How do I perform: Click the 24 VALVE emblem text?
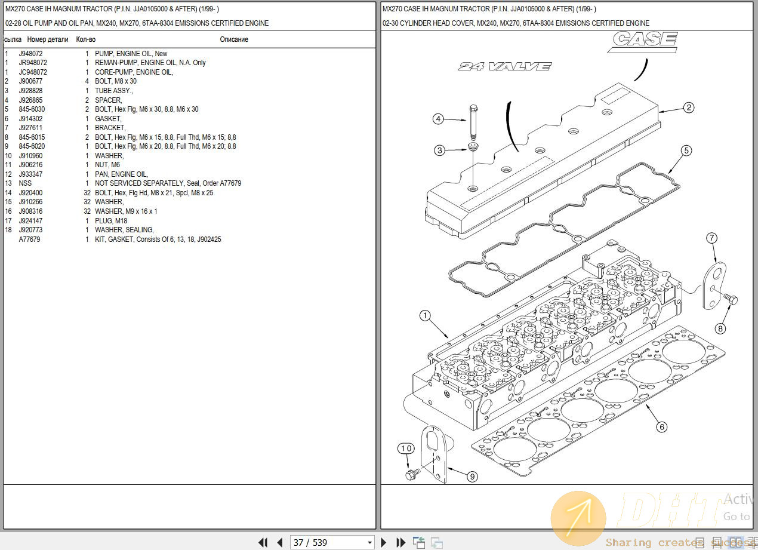[x=504, y=66]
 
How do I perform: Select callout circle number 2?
[x=689, y=107]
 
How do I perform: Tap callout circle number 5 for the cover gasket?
[x=686, y=150]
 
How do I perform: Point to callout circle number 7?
[x=711, y=238]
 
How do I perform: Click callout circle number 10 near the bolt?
[x=406, y=448]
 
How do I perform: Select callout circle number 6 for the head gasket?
[x=661, y=427]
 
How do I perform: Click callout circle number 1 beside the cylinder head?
[x=425, y=315]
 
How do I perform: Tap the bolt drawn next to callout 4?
[x=473, y=122]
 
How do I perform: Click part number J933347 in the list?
[x=30, y=174]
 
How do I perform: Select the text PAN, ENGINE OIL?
[x=121, y=174]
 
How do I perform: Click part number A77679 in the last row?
[x=29, y=239]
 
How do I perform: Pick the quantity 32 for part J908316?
[x=87, y=211]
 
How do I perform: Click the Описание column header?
[x=234, y=39]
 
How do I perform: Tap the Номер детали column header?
[x=48, y=39]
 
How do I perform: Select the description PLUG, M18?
[x=111, y=221]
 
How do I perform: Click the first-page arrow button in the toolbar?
[x=263, y=542]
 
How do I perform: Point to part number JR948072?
[x=33, y=63]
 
